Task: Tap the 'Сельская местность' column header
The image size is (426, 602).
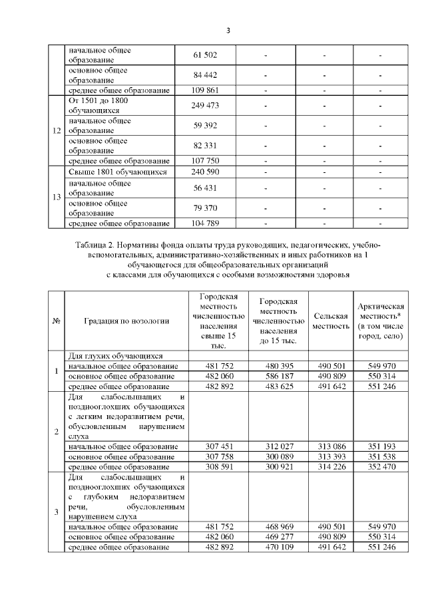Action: (x=331, y=321)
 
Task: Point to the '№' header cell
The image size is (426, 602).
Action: (x=57, y=321)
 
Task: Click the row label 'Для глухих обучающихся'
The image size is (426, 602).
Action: (x=116, y=356)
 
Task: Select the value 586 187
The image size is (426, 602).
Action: (x=278, y=376)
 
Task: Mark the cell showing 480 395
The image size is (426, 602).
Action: (x=278, y=366)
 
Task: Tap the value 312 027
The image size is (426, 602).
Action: (x=278, y=446)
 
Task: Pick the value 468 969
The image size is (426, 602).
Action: (x=278, y=526)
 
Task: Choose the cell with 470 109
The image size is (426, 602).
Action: (x=278, y=546)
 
